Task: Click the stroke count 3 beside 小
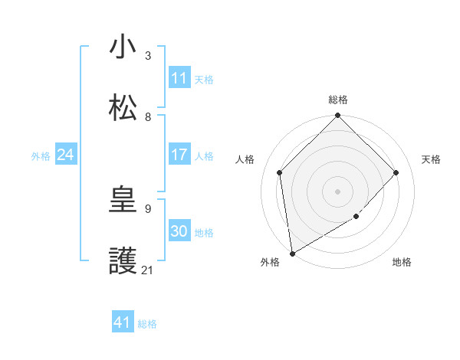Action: [148, 56]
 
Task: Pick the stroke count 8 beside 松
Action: [148, 117]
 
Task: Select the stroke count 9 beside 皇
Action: [148, 208]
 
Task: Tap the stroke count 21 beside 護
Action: [147, 270]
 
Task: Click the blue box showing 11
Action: [179, 78]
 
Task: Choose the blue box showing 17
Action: [179, 155]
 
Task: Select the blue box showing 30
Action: [179, 231]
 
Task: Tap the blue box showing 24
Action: [66, 155]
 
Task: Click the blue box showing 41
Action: [123, 322]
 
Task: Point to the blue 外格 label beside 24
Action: [41, 156]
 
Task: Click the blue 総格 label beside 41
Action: [147, 324]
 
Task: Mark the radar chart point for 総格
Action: [337, 116]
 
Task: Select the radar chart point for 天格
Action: [396, 172]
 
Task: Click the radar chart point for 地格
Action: [356, 217]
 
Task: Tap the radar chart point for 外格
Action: [292, 253]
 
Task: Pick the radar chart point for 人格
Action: [280, 172]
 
